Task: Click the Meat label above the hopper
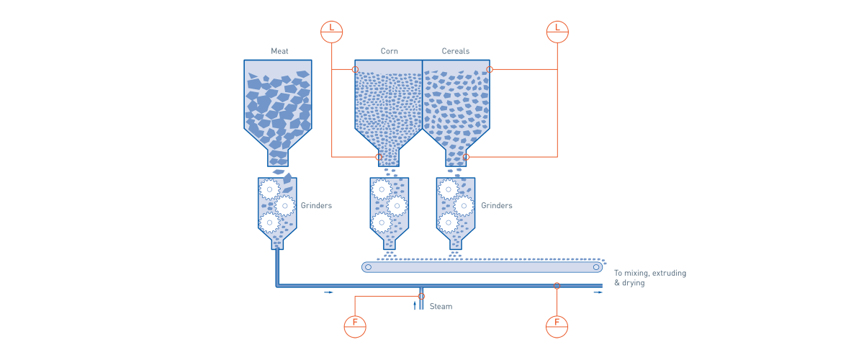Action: [279, 52]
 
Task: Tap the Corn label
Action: [390, 52]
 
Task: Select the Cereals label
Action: [455, 52]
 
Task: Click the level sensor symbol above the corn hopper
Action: [331, 32]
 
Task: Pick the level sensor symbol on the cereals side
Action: [557, 32]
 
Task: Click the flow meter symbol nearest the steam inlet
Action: [355, 326]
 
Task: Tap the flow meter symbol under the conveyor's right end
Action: [557, 326]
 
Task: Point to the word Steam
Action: [441, 307]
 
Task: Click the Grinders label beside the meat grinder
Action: [316, 206]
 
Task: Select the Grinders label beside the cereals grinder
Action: [496, 206]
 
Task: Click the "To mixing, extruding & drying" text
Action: [649, 278]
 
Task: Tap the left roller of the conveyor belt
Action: [368, 267]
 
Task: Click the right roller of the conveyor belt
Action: [596, 267]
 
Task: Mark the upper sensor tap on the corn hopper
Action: [355, 70]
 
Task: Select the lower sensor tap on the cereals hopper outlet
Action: [466, 156]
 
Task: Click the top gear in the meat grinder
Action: [269, 189]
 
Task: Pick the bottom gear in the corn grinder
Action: [382, 222]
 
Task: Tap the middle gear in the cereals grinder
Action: [464, 206]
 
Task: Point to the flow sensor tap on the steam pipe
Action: [422, 296]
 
